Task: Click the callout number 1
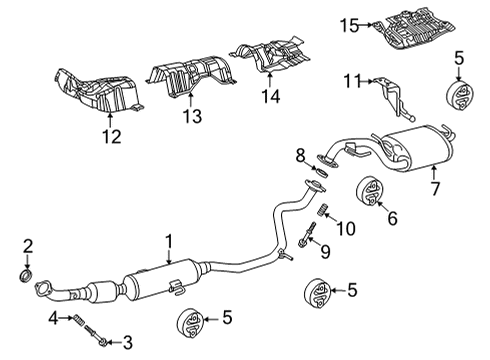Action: (x=169, y=241)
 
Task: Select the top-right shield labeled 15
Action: (x=415, y=30)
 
